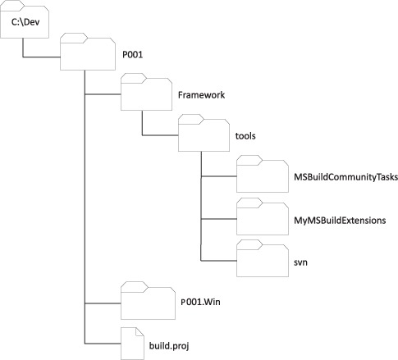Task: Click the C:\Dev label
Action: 25,22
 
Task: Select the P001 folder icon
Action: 88,52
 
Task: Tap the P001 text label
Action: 132,55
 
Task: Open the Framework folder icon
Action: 146,92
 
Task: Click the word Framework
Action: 201,95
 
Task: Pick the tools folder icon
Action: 204,133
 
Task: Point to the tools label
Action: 245,136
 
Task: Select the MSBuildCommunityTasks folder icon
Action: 263,174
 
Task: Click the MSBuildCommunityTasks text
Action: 345,177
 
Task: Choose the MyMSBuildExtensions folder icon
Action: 263,216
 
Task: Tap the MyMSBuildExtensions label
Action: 340,221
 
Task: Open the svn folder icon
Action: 263,258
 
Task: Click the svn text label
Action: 300,262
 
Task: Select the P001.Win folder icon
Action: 148,301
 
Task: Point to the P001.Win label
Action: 200,302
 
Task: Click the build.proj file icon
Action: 132,344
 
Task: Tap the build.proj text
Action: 169,346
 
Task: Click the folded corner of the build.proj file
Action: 140,331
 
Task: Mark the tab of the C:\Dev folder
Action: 12,3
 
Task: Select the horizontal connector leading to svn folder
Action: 218,261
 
